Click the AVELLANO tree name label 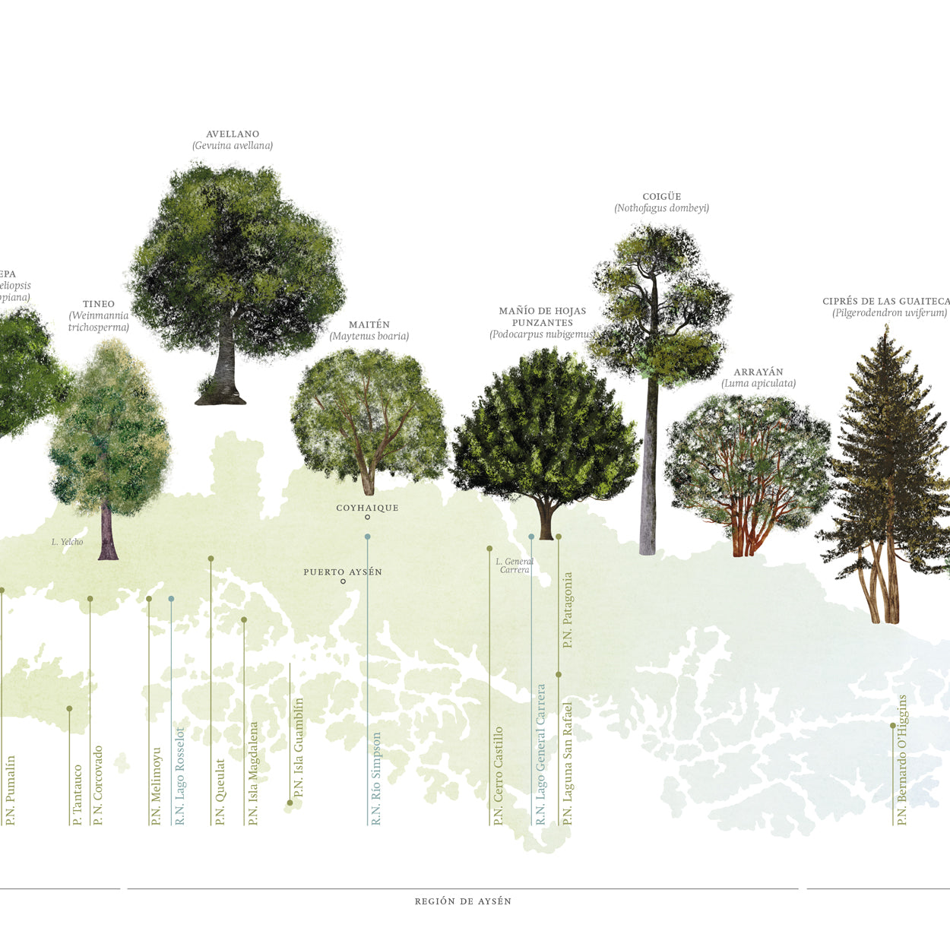tap(233, 135)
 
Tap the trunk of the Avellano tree tap(225, 365)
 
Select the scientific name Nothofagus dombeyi tap(661, 208)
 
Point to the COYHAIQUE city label tap(367, 508)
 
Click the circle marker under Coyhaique tap(367, 518)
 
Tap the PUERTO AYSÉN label tap(343, 572)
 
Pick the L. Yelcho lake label tap(68, 542)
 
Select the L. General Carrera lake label tap(515, 565)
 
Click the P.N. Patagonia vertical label tap(568, 610)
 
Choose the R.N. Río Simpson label tap(376, 778)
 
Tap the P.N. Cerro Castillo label tap(499, 775)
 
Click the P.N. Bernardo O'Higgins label tap(902, 760)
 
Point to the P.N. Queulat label tap(220, 792)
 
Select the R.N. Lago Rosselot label tap(180, 776)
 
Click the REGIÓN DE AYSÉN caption tap(463, 901)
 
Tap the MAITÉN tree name tap(369, 325)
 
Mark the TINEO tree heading tap(99, 304)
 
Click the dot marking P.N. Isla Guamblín tap(290, 803)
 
